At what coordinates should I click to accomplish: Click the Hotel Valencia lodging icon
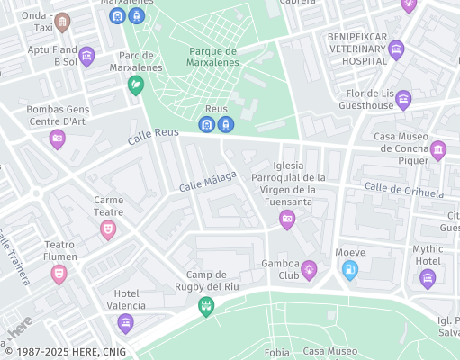125,322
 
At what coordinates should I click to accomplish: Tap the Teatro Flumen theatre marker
59,272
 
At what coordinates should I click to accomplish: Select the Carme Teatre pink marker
108,229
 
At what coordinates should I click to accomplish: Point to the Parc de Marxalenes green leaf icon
135,85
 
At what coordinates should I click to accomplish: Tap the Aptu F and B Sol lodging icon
86,57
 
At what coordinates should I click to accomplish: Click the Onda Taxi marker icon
62,22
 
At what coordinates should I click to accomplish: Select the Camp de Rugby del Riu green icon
206,306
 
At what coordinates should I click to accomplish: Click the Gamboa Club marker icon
309,267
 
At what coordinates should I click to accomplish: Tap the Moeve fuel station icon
350,268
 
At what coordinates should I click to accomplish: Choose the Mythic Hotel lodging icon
428,277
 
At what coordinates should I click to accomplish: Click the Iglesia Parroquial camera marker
287,219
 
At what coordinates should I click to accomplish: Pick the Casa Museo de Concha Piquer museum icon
438,149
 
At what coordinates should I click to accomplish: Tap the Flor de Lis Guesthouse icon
402,98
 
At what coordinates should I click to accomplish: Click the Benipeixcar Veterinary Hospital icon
396,48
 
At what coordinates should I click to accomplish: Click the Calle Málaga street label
207,181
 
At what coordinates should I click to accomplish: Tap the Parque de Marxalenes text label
214,57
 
